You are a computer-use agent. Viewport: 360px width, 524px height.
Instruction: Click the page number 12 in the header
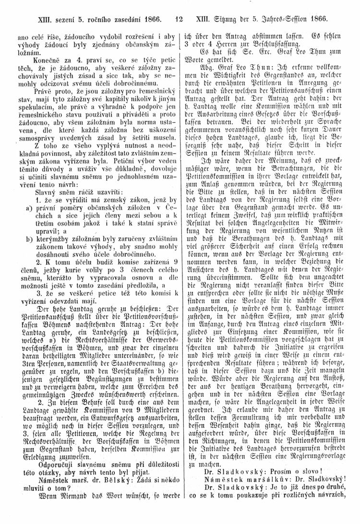pos(180,21)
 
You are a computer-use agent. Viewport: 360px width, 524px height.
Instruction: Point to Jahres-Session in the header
pos(282,21)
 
